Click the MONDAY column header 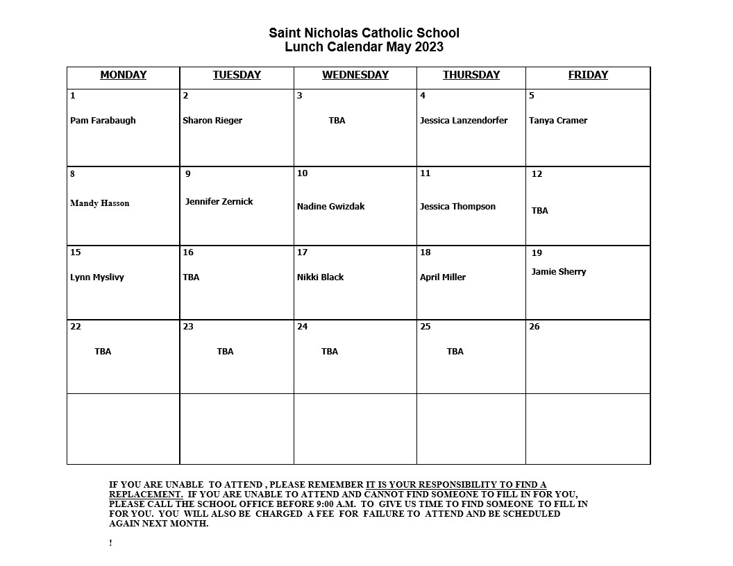click(x=123, y=75)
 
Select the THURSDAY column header click(x=471, y=75)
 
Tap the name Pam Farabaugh click(x=103, y=121)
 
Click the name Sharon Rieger click(x=212, y=121)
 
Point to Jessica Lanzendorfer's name click(x=463, y=121)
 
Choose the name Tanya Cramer click(x=557, y=121)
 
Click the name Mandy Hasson click(x=99, y=203)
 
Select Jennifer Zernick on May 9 click(x=219, y=202)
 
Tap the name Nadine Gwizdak click(x=330, y=207)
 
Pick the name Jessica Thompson click(x=457, y=207)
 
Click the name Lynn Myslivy click(x=97, y=277)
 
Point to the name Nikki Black click(x=320, y=277)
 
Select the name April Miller click(x=442, y=277)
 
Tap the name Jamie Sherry click(x=558, y=272)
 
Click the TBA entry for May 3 click(x=337, y=121)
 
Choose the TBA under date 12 click(x=539, y=211)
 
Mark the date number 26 click(x=534, y=327)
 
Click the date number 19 click(x=537, y=253)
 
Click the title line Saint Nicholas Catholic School click(x=364, y=33)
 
